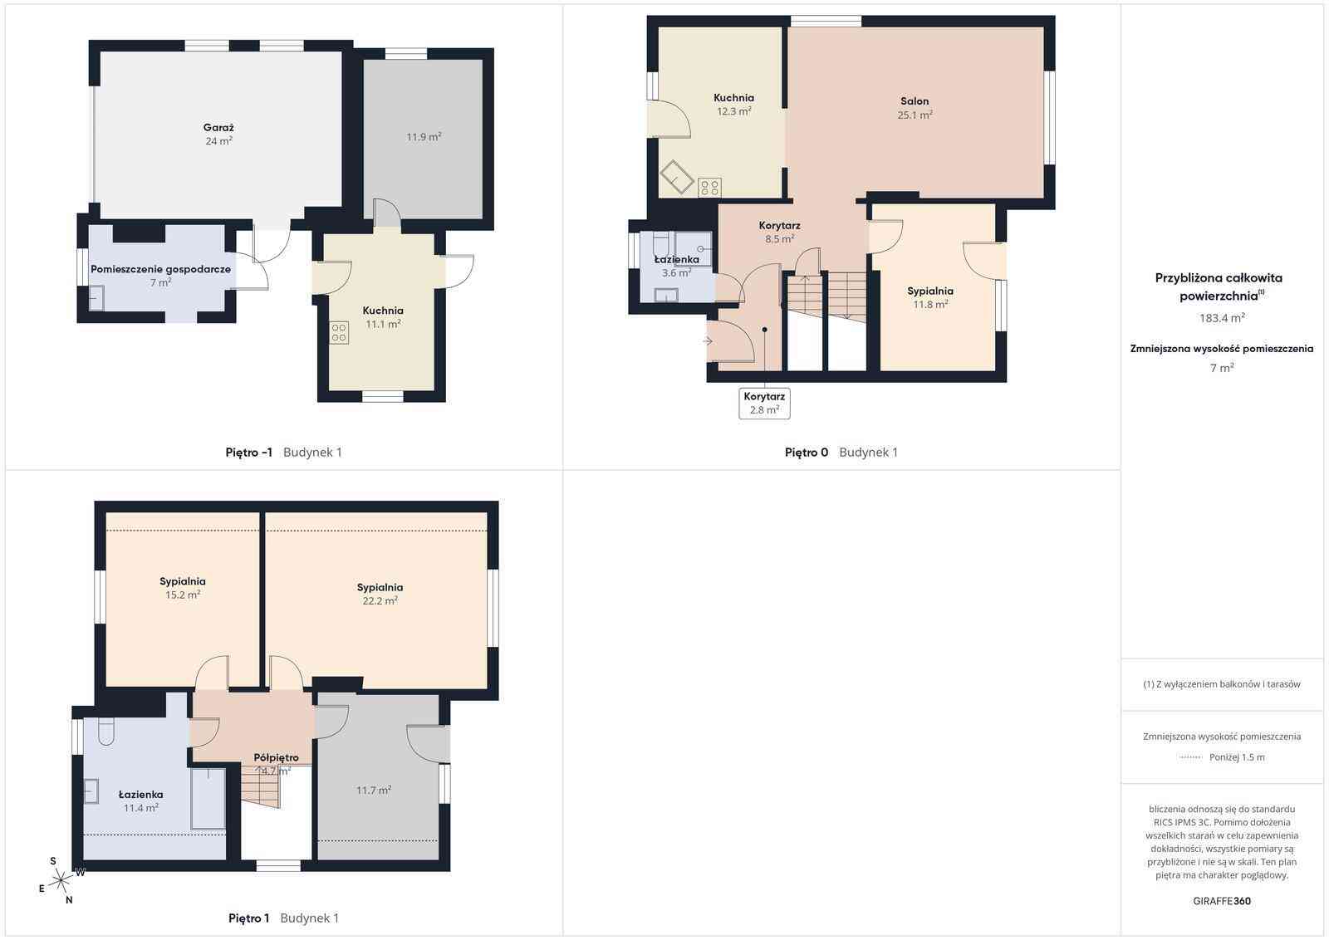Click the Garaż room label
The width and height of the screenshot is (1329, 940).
[218, 128]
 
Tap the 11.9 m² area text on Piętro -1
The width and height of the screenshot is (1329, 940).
[424, 137]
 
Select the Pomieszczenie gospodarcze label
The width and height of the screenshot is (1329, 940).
[160, 269]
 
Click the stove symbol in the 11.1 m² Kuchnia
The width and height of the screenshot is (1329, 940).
[339, 333]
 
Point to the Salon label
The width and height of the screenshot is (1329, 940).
[915, 101]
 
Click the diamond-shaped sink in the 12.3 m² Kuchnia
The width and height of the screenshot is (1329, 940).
[677, 177]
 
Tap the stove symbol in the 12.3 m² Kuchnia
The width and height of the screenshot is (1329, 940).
[709, 188]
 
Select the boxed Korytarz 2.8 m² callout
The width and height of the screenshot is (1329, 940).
[764, 404]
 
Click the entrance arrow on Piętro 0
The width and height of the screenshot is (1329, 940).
[708, 341]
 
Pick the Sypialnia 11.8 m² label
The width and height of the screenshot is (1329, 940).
[929, 298]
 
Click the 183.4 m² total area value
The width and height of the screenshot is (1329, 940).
[1222, 318]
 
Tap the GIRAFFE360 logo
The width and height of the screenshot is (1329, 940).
[1222, 901]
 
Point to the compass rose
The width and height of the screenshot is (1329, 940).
[61, 880]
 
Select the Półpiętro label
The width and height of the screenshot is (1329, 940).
[276, 757]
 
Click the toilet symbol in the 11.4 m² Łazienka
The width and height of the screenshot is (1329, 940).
[105, 732]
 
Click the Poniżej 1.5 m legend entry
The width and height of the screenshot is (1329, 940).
[1237, 757]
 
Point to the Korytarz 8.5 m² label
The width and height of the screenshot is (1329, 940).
[779, 233]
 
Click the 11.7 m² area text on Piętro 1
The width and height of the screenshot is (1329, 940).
[374, 791]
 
